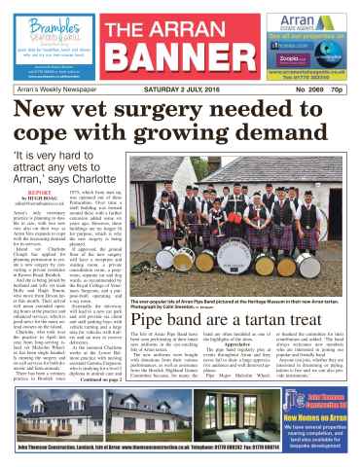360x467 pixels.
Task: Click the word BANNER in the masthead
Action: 180,46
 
